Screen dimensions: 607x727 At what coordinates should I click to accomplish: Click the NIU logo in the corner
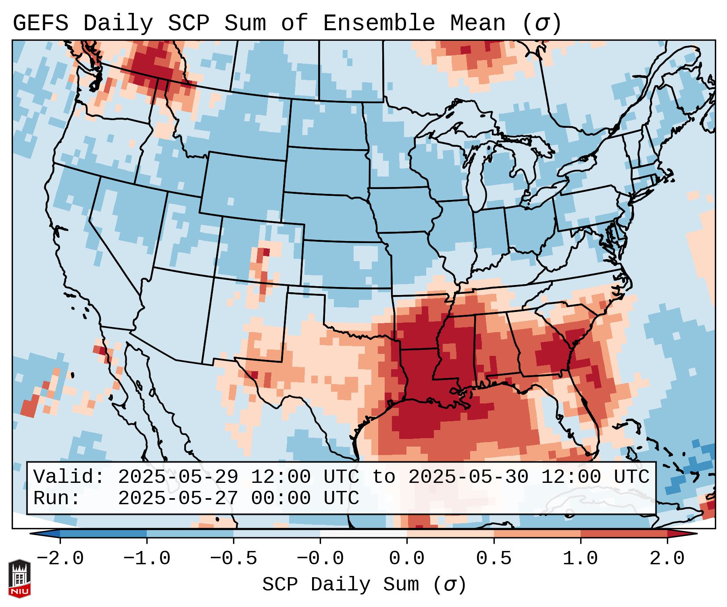(x=19, y=578)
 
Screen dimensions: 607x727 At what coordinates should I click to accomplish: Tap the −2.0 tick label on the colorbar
(x=60, y=559)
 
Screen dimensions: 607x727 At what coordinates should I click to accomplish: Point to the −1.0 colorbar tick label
(x=147, y=559)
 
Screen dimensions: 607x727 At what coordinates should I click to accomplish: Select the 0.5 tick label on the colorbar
(x=494, y=559)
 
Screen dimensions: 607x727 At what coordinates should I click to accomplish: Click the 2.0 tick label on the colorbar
(x=667, y=559)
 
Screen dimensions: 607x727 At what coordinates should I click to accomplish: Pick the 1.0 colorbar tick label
(x=580, y=559)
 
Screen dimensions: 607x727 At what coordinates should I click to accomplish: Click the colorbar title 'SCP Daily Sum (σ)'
(x=364, y=584)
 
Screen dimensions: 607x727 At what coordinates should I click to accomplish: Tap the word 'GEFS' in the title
(x=40, y=23)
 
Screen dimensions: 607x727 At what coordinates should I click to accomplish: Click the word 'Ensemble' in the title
(x=379, y=23)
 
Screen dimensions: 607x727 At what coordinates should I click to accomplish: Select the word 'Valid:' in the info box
(x=69, y=477)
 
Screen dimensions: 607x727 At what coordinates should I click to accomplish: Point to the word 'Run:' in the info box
(x=57, y=498)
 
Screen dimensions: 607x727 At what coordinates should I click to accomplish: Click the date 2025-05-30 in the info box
(x=468, y=477)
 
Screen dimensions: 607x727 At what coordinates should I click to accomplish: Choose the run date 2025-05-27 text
(x=178, y=498)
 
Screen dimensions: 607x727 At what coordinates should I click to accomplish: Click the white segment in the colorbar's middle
(x=363, y=534)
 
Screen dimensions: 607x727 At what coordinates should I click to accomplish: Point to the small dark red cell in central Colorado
(x=266, y=252)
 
